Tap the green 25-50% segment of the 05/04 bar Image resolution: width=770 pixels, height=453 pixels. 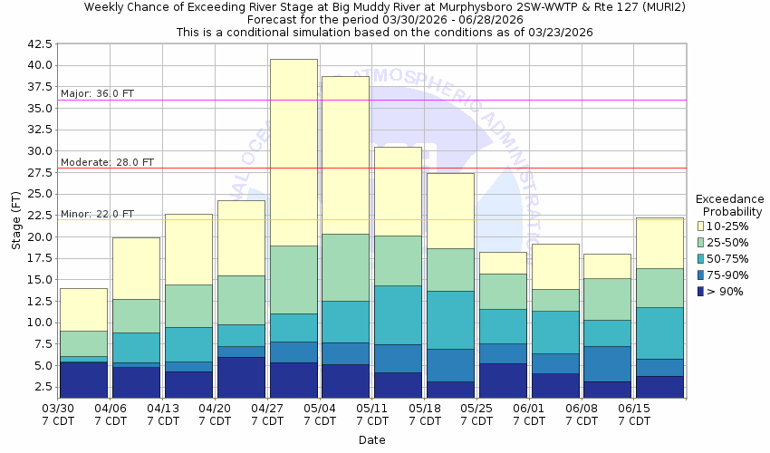[x=345, y=267]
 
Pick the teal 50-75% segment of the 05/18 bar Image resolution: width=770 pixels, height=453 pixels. [x=450, y=320]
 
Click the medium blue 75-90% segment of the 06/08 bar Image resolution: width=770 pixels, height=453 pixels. [x=607, y=363]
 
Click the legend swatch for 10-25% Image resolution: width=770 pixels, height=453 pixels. [x=701, y=225]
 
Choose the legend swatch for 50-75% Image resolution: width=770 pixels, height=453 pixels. [x=701, y=257]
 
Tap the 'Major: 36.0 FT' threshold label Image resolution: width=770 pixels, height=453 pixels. [x=98, y=93]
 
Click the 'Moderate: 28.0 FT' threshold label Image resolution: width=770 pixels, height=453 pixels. [x=107, y=162]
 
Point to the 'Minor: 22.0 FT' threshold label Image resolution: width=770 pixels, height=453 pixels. [x=97, y=214]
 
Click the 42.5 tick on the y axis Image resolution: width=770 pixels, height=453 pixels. [x=39, y=43]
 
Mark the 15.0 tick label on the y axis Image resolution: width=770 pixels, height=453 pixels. [x=39, y=279]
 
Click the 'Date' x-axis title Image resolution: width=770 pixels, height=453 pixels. [x=371, y=440]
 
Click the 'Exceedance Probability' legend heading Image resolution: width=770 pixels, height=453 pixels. [x=729, y=206]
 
